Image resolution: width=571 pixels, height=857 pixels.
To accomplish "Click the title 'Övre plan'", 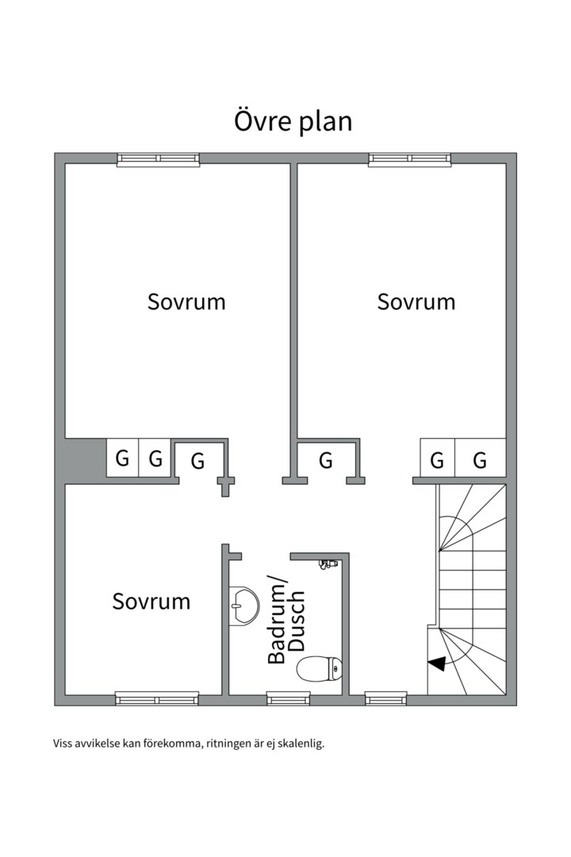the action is [293, 122].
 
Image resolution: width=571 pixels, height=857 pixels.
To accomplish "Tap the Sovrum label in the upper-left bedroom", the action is [186, 302].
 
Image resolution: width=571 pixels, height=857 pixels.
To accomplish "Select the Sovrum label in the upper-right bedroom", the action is [416, 302].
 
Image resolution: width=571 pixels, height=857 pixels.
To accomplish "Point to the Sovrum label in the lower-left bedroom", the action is [151, 601].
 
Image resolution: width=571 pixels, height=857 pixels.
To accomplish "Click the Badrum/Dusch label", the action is [285, 619].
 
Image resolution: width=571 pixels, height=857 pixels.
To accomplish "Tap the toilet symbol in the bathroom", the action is [320, 669].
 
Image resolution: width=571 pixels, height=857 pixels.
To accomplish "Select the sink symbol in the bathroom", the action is [244, 605].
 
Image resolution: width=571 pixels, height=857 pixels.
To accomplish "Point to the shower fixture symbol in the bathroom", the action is [327, 564].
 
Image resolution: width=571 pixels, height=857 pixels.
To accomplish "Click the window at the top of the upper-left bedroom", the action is [159, 159].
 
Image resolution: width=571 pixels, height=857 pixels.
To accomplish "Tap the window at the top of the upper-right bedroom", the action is [410, 159].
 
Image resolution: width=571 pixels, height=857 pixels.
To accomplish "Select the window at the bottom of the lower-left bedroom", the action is [157, 698].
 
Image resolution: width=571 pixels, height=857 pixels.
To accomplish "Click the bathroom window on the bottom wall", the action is [288, 698].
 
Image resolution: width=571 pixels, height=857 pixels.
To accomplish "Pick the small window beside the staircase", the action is [386, 698].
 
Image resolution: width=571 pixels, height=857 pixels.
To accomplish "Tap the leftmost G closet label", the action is [122, 458].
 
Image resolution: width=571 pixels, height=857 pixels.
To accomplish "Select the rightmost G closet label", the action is [480, 460].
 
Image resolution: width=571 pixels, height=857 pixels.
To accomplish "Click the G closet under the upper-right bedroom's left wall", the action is [326, 460].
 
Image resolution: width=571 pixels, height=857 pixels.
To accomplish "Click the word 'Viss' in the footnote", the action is [62, 744].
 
